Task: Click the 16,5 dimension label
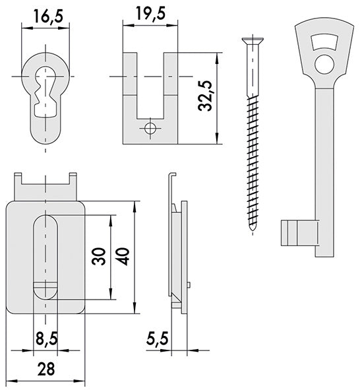[x=49, y=16]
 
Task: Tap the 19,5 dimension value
[x=150, y=14]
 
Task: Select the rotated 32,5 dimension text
[x=205, y=96]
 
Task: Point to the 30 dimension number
[x=99, y=257]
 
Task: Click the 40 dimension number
[x=123, y=257]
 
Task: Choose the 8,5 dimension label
[x=47, y=339]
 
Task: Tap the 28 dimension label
[x=46, y=369]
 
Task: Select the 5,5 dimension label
[x=158, y=338]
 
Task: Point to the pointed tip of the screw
[x=253, y=230]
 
